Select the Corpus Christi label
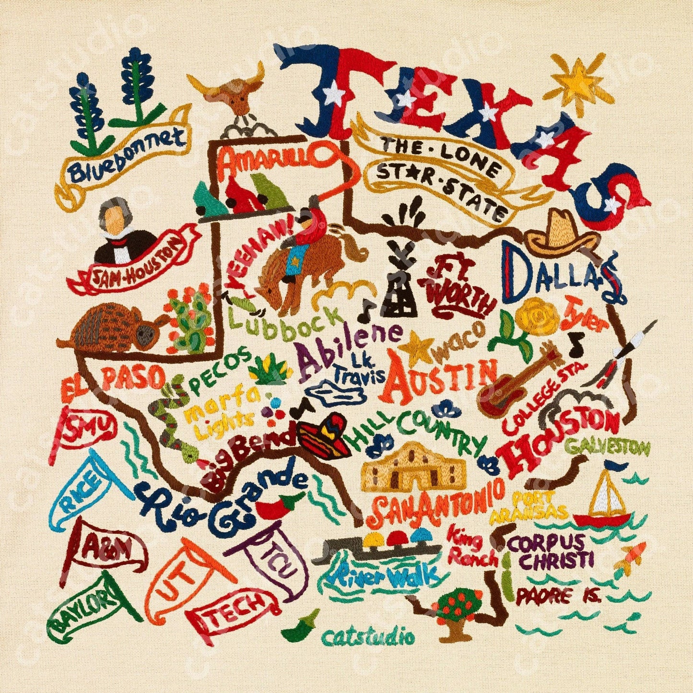[x=552, y=552]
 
